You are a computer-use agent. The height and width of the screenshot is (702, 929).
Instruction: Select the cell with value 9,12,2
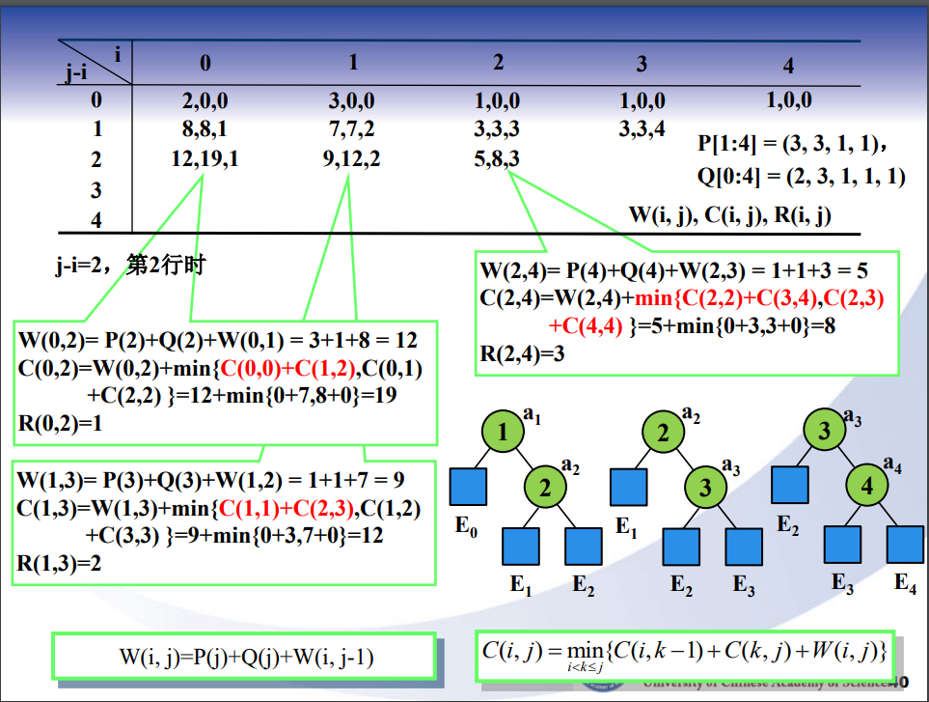pyautogui.click(x=351, y=160)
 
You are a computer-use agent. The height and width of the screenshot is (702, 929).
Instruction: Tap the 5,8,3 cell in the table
pyautogui.click(x=498, y=160)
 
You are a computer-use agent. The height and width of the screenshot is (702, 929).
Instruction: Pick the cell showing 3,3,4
pyautogui.click(x=642, y=129)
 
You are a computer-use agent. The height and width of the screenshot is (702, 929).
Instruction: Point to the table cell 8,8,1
pyautogui.click(x=205, y=129)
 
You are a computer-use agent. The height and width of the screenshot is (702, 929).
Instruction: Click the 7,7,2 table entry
pyautogui.click(x=351, y=129)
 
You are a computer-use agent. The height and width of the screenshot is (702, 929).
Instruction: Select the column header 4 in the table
pyautogui.click(x=788, y=66)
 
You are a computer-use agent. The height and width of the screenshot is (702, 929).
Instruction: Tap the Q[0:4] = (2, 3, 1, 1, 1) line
pyautogui.click(x=801, y=176)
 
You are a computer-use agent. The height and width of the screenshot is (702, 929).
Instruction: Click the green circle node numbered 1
pyautogui.click(x=503, y=433)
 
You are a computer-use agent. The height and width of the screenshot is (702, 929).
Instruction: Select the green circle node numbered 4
pyautogui.click(x=866, y=487)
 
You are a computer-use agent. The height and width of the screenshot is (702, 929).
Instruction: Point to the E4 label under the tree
pyautogui.click(x=904, y=583)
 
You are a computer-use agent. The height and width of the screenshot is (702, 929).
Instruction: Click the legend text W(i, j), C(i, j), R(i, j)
pyautogui.click(x=729, y=215)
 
